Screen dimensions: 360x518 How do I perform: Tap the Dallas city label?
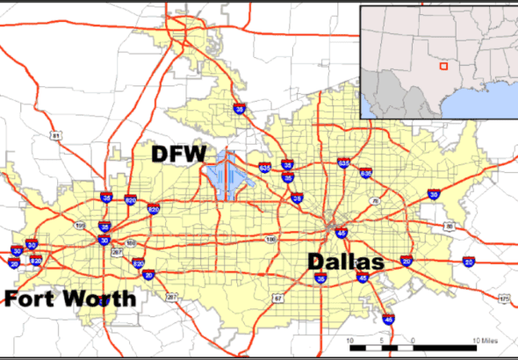pos(345,263)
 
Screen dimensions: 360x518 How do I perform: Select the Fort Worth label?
pos(71,299)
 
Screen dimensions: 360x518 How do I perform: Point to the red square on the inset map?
pos(444,64)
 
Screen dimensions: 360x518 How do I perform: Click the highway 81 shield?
pos(55,136)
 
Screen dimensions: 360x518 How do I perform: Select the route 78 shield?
pos(375,201)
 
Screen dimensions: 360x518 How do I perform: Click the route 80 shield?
pos(449,227)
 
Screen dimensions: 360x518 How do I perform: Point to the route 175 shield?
pos(504,299)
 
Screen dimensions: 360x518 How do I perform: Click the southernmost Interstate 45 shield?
pos(388,320)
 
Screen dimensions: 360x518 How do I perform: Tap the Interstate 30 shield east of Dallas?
pos(434,193)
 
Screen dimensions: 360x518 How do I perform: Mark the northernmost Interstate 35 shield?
pos(240,110)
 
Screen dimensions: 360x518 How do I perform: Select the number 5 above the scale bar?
pos(381,340)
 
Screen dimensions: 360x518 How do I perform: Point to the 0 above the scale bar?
pos(413,340)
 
